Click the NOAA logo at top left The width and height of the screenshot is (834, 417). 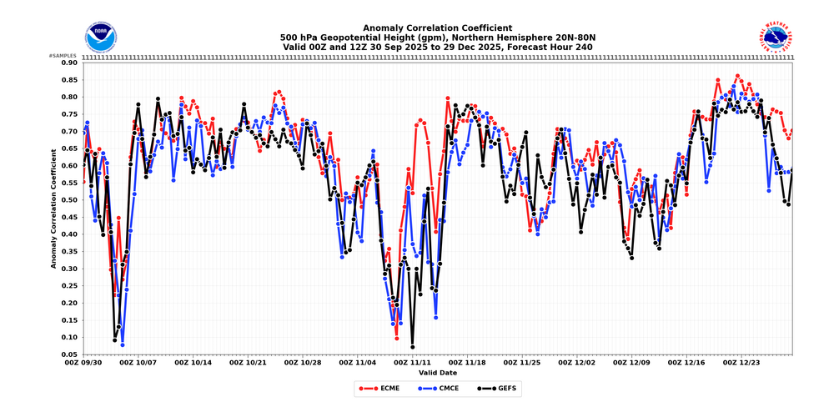point(101,36)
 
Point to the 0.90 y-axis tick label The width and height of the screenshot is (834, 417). point(68,63)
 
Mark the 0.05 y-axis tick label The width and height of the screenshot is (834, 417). point(68,354)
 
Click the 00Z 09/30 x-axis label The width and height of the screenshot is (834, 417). point(83,363)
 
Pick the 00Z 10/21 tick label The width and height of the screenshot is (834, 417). point(248,363)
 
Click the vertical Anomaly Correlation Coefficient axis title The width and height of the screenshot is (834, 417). point(53,208)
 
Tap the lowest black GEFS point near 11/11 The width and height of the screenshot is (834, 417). point(412,347)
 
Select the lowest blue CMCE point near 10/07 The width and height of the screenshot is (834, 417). point(123,344)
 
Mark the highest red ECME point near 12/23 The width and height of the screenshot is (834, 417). point(737,76)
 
